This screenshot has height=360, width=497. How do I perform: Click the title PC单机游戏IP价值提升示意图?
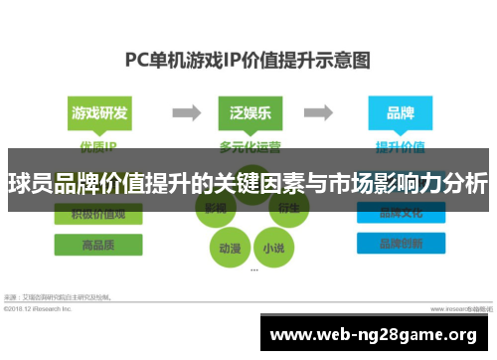pyautogui.click(x=248, y=60)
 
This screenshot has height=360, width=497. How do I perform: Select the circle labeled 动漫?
pyautogui.click(x=228, y=246)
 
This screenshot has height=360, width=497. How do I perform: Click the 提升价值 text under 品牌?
pyautogui.click(x=400, y=145)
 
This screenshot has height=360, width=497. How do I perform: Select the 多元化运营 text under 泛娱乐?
pyautogui.click(x=249, y=145)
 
